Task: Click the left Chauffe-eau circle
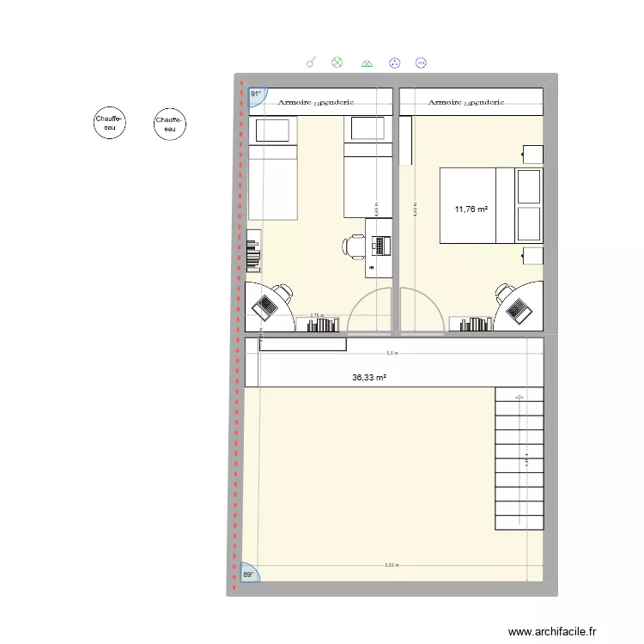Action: (110, 125)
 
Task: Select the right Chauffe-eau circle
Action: (170, 125)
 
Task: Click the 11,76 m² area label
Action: (471, 209)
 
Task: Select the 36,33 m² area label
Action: (369, 376)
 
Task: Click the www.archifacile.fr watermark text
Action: (551, 631)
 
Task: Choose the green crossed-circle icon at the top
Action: (337, 62)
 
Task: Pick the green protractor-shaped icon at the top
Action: (367, 63)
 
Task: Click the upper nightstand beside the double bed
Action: (532, 155)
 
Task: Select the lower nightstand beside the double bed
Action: (532, 255)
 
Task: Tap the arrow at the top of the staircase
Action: (518, 396)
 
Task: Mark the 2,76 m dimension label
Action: (317, 315)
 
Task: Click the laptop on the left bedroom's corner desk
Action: (267, 305)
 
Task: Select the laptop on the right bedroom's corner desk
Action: (517, 307)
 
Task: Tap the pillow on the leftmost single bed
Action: (273, 130)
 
